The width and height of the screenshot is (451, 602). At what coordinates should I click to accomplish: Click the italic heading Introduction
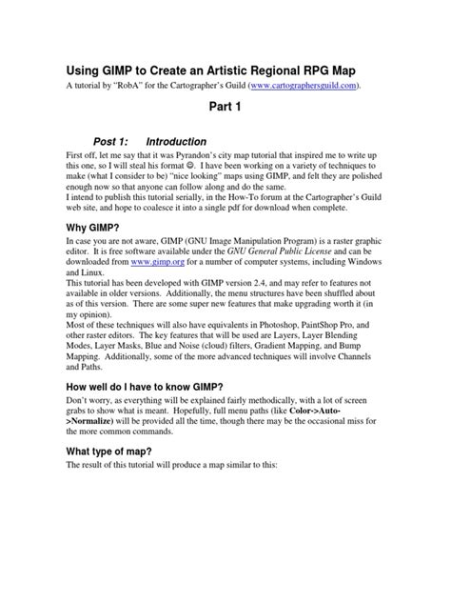(188, 140)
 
